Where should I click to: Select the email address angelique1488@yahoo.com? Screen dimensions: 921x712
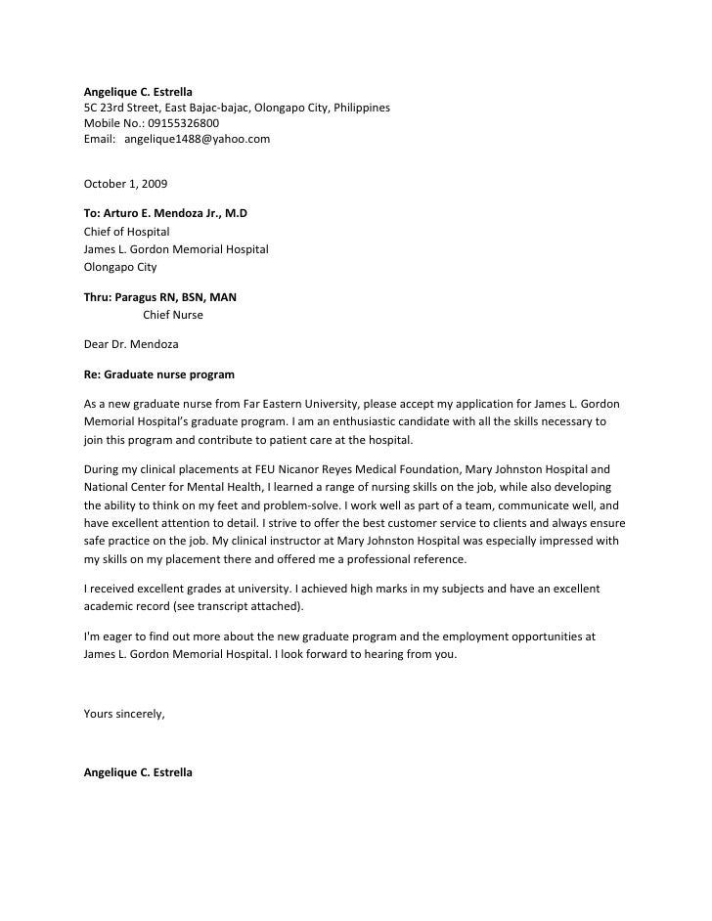tap(197, 139)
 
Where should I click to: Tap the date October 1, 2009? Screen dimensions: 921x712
tap(125, 183)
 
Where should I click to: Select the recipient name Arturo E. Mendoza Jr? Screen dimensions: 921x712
tap(166, 212)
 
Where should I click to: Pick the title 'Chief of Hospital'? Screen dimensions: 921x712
tap(126, 232)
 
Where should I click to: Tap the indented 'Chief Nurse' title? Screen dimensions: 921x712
tap(173, 314)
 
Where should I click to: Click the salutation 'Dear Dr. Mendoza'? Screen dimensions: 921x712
tap(131, 344)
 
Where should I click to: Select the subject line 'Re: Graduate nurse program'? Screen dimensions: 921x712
tap(158, 373)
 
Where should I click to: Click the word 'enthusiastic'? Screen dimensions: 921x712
tap(372, 421)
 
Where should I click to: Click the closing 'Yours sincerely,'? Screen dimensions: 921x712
tap(125, 714)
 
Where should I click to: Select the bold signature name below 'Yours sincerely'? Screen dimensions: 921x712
tap(138, 772)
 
